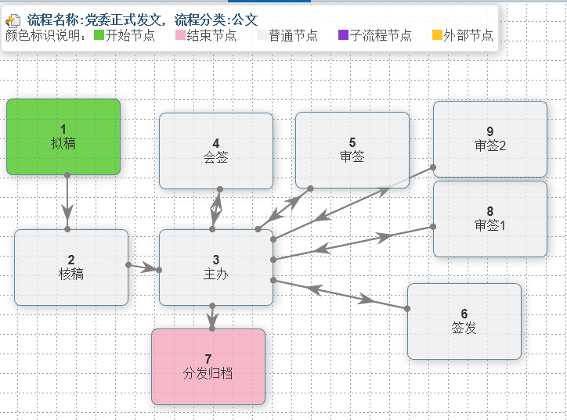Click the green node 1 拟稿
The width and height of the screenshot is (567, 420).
[x=63, y=137]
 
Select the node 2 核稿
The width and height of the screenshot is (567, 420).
[x=71, y=267]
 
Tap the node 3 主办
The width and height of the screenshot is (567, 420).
[x=216, y=267]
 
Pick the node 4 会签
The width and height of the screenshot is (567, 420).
[x=216, y=151]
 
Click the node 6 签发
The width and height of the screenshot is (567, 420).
[x=464, y=321]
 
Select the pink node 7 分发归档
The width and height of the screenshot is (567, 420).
[x=208, y=367]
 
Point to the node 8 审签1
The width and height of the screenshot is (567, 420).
[x=490, y=219]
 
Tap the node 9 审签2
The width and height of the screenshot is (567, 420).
[x=490, y=138]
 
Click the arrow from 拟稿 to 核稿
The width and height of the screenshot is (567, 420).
[x=67, y=202]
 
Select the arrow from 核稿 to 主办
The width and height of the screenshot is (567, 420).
[x=144, y=267]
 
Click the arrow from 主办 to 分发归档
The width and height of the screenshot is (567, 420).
[x=212, y=318]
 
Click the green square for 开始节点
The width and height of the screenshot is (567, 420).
[x=99, y=35]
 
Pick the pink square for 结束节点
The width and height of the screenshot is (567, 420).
[x=180, y=35]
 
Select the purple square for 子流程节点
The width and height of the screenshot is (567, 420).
[x=343, y=35]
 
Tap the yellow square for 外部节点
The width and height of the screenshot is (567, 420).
[x=437, y=35]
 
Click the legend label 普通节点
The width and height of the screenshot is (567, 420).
[x=293, y=35]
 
